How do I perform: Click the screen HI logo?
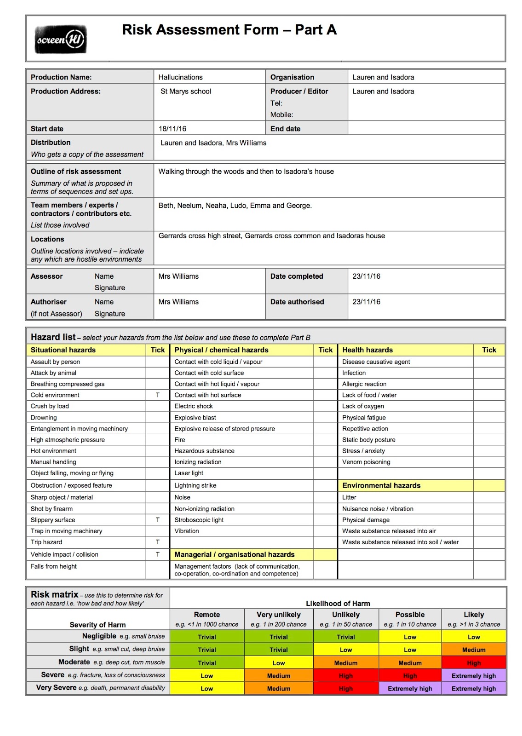(61, 40)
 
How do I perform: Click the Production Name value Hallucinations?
(180, 77)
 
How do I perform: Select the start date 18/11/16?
(172, 129)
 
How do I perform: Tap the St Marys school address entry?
(186, 92)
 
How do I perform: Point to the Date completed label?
(297, 276)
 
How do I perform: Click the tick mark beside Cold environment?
(158, 395)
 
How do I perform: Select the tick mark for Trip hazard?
(158, 542)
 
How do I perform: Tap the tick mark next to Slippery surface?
(158, 520)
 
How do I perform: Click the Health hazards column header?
(367, 350)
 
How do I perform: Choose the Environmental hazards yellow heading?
(381, 486)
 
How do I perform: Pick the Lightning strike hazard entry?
(195, 486)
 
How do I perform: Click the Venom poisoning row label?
(366, 462)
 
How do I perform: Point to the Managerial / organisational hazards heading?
(234, 555)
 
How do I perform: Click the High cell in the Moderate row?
(474, 663)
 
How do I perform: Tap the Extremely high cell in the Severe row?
(474, 676)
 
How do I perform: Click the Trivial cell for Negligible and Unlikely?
(346, 638)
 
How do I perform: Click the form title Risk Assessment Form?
(229, 30)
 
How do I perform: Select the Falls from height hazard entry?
(54, 567)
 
